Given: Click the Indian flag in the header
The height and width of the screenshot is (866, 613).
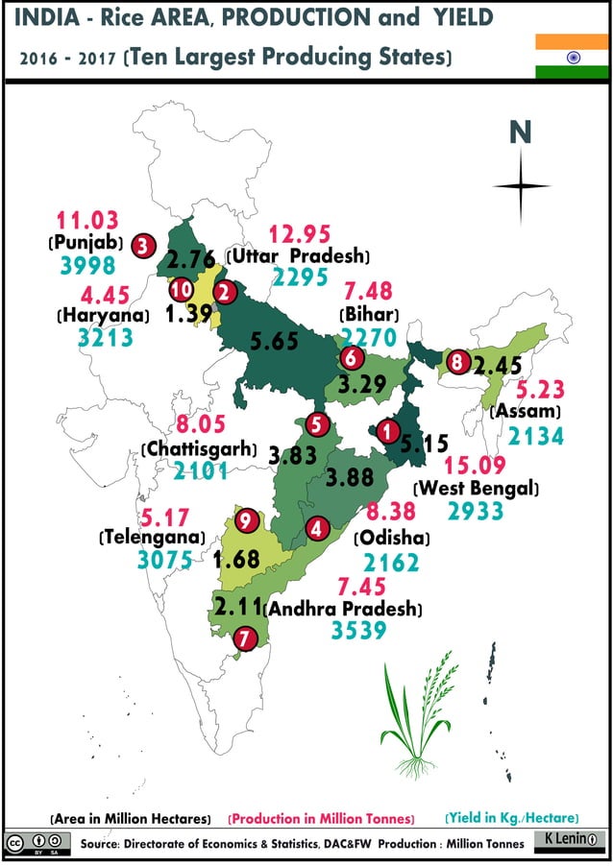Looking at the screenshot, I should click(573, 57).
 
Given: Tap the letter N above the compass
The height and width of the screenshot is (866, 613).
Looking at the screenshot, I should click(520, 132).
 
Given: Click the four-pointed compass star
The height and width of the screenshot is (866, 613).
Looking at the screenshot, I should click(520, 186).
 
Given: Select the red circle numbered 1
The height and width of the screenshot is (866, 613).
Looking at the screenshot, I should click(387, 432).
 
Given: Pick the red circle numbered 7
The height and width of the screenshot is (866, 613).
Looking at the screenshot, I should click(245, 636).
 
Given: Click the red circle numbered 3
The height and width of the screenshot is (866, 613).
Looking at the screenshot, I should click(144, 244).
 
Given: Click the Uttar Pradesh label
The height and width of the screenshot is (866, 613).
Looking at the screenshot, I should click(299, 256).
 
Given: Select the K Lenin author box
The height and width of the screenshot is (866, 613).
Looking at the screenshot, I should click(570, 840).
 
